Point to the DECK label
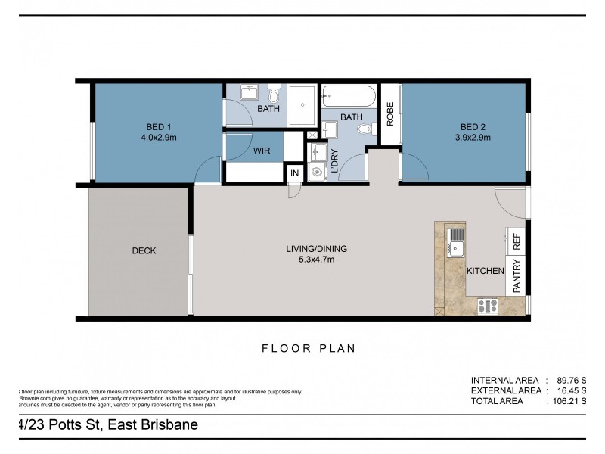pos(144,250)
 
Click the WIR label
pos(262,151)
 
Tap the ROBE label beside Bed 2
pos(390,113)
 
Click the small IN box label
pos(295,173)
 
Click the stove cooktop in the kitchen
pos(488,306)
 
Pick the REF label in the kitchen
pos(517,242)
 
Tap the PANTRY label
pos(517,276)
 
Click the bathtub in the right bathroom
pos(348,96)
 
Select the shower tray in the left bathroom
pos(302,100)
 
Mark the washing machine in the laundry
pos(317,170)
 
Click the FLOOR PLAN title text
pos(308,349)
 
